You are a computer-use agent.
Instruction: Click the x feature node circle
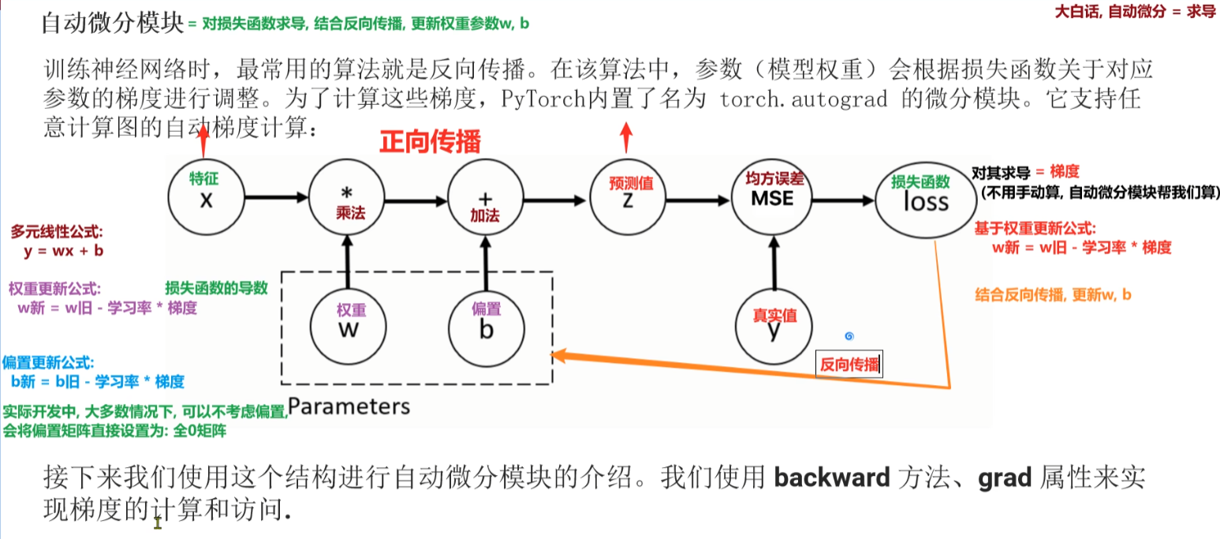(206, 197)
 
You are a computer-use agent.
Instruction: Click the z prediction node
(627, 197)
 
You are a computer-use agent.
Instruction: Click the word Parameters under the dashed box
(349, 406)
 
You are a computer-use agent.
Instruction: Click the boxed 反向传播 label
(849, 365)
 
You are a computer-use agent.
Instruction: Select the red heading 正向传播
(430, 142)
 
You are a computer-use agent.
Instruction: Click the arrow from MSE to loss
(842, 201)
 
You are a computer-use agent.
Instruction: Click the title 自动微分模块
(112, 23)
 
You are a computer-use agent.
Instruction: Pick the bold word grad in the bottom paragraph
(1005, 477)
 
